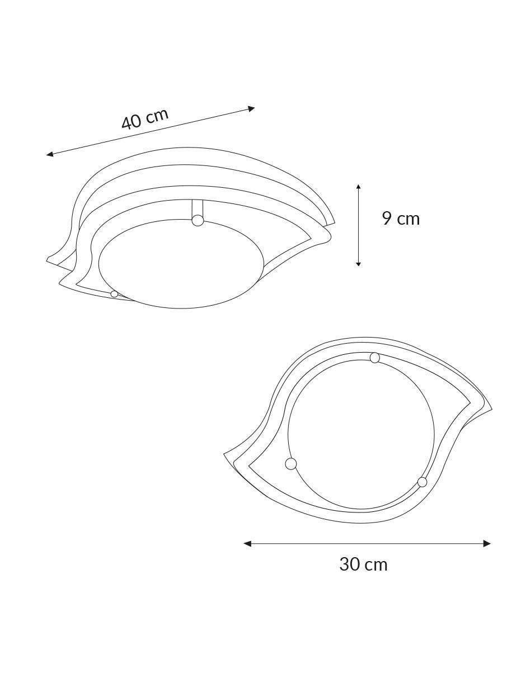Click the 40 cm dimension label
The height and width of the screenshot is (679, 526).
coord(145,118)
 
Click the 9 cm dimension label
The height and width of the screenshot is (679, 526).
coord(401,219)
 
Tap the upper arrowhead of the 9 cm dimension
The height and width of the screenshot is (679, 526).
coord(358,187)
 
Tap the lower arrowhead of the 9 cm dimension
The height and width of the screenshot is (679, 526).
coord(358,263)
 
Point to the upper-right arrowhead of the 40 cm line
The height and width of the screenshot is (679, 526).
coord(251,109)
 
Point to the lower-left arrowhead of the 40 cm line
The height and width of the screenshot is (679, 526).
coord(50,154)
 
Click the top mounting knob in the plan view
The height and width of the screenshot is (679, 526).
coord(375,358)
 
